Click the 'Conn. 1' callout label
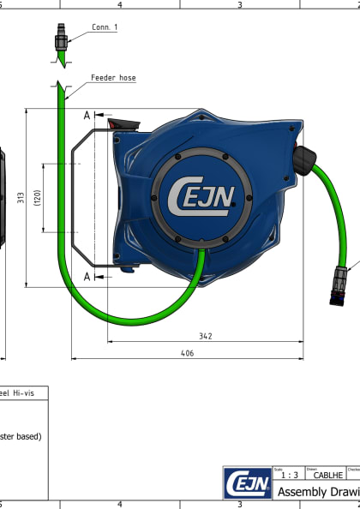(105, 27)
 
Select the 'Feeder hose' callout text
(113, 78)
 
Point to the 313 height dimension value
(20, 198)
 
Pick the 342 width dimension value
(204, 337)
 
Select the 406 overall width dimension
(186, 352)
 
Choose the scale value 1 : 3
(290, 475)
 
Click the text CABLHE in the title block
(328, 475)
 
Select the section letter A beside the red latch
(87, 115)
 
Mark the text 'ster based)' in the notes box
(21, 435)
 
